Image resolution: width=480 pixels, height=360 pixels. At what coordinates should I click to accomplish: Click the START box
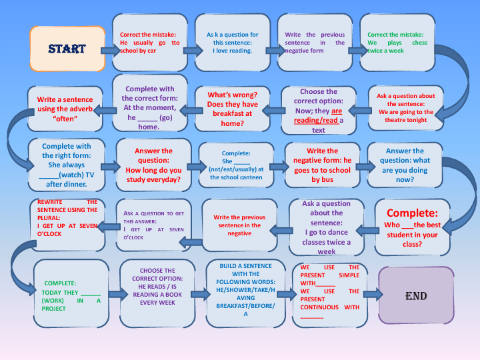[x=67, y=49]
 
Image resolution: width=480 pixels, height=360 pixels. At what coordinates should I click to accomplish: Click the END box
[x=416, y=295]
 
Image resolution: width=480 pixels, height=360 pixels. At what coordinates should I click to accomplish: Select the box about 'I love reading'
[x=232, y=43]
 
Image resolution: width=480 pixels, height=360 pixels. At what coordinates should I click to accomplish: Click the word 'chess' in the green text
[x=419, y=43]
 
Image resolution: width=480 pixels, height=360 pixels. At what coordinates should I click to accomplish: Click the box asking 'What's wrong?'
[x=232, y=109]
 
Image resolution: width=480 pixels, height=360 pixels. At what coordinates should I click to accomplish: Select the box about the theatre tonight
[x=406, y=108]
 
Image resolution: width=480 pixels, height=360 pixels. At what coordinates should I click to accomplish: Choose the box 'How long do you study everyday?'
[x=153, y=165]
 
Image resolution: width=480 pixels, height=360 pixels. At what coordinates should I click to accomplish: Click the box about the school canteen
[x=237, y=165]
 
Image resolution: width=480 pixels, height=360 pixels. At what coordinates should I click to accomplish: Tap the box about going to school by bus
[x=323, y=165]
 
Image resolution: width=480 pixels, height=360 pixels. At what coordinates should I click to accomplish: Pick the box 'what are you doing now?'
[x=405, y=165]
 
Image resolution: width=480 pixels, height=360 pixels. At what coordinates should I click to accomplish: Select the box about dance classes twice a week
[x=326, y=227]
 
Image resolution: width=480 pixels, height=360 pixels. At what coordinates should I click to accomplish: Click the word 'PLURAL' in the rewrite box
[x=49, y=217]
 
